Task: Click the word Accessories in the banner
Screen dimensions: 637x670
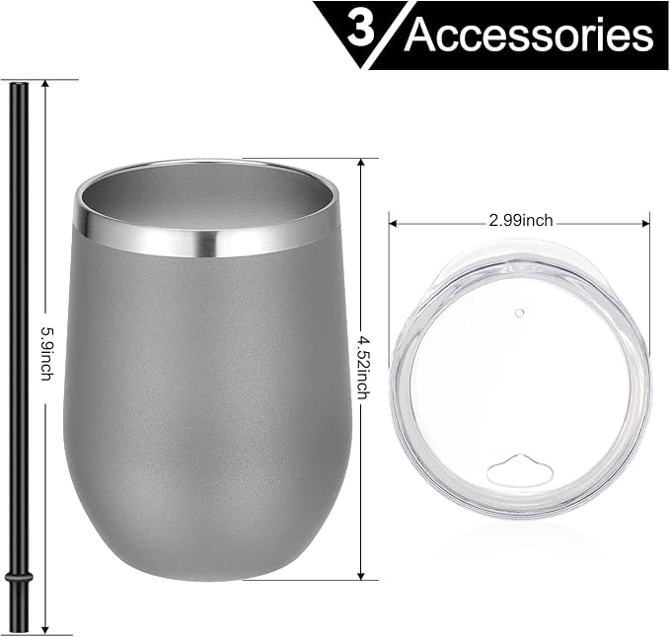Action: click(529, 35)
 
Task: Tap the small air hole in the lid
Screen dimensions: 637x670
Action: click(520, 313)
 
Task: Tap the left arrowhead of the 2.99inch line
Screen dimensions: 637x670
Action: click(394, 221)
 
